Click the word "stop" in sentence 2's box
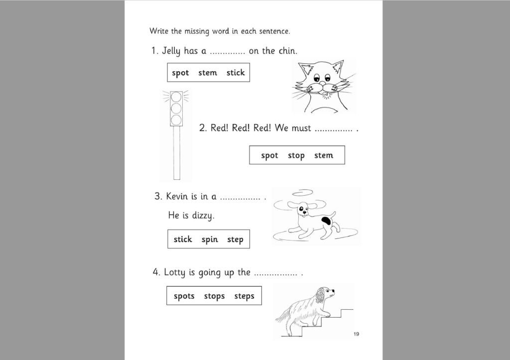pyautogui.click(x=296, y=155)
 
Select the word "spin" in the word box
pyautogui.click(x=210, y=240)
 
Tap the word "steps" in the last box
pyautogui.click(x=244, y=296)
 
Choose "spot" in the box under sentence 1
pyautogui.click(x=180, y=73)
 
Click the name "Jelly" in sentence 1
pyautogui.click(x=172, y=51)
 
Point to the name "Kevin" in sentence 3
pyautogui.click(x=177, y=197)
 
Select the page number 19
pyautogui.click(x=356, y=334)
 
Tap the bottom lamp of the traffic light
pyautogui.click(x=176, y=120)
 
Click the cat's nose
pyautogui.click(x=322, y=84)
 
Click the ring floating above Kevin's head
pyautogui.click(x=302, y=193)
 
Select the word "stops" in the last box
pyautogui.click(x=214, y=296)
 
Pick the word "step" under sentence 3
pyautogui.click(x=235, y=240)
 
